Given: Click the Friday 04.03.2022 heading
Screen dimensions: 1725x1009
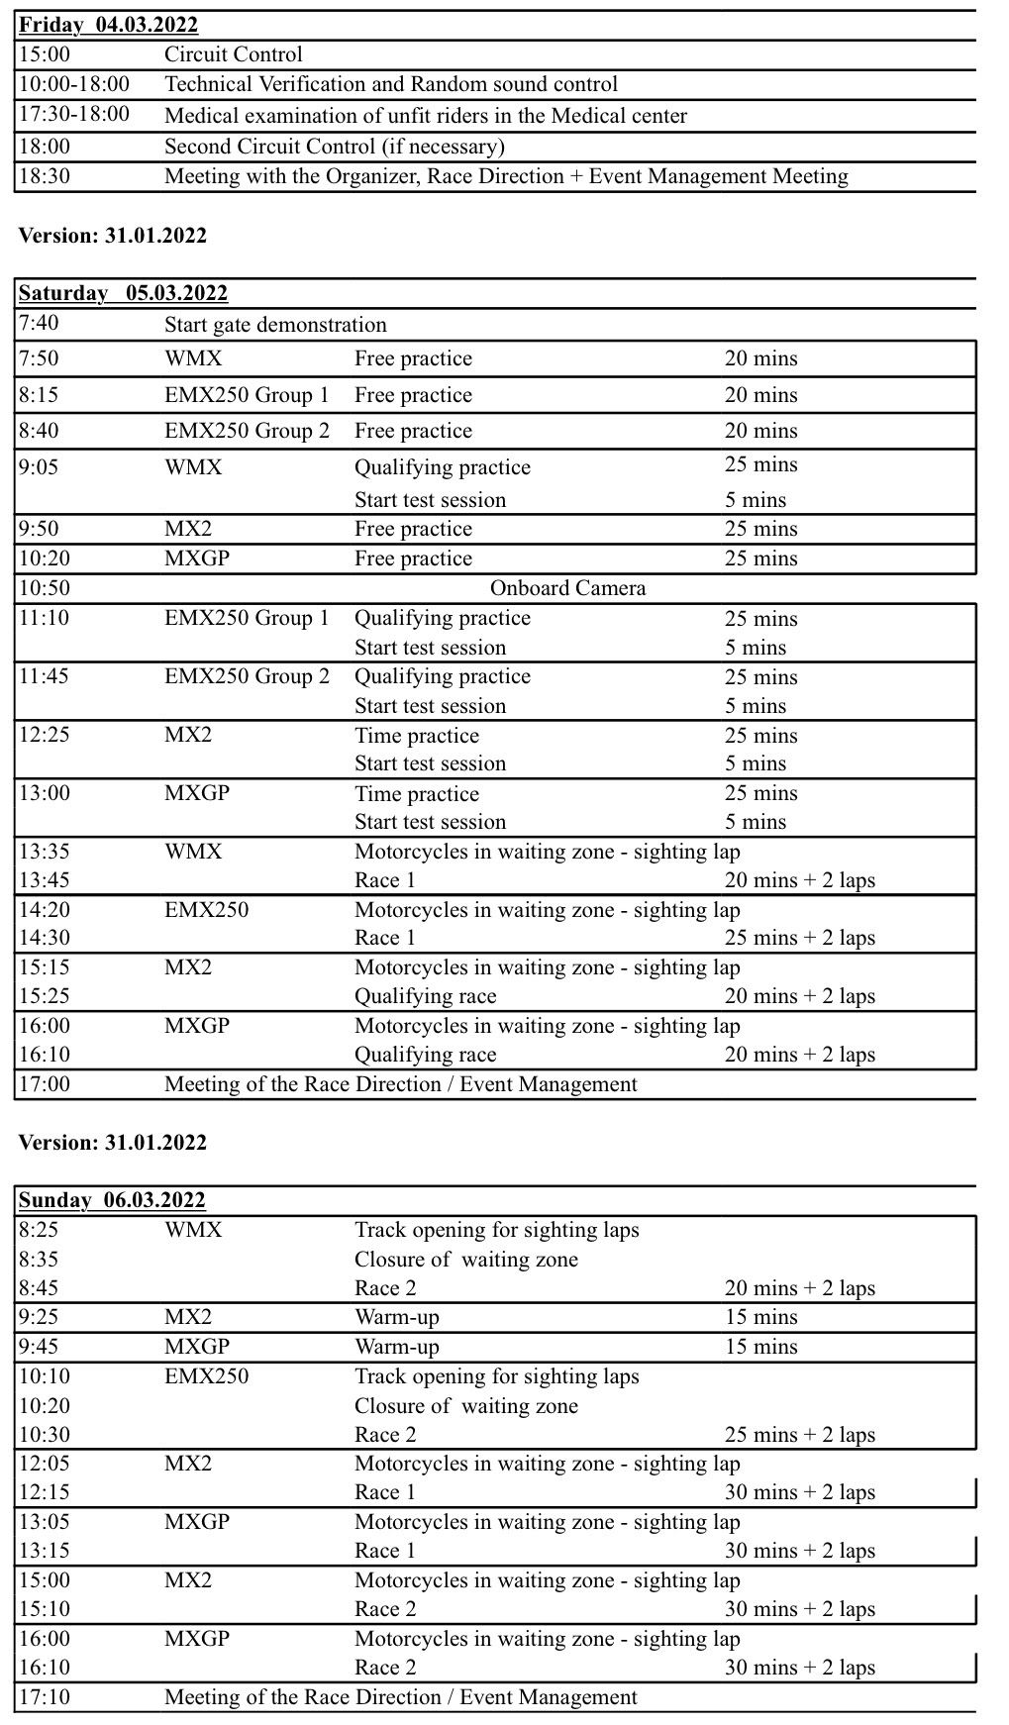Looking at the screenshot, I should click(x=109, y=26).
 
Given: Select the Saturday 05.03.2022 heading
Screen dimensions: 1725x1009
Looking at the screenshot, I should click(x=123, y=293).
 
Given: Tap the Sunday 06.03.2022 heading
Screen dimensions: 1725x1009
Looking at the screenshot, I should click(x=112, y=1200).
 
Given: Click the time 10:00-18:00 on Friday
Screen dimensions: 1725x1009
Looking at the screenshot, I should click(x=74, y=84).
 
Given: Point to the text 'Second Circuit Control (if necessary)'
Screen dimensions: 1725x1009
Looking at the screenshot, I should click(x=335, y=147).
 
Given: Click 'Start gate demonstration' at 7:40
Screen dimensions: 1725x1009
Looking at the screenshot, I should click(x=275, y=325).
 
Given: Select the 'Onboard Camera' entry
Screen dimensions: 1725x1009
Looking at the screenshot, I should click(x=567, y=588).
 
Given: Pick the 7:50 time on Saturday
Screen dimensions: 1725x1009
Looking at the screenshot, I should click(x=39, y=358).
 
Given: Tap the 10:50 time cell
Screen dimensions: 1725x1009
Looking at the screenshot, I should click(x=45, y=588).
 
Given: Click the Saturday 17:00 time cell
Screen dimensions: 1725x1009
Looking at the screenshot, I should click(x=45, y=1084).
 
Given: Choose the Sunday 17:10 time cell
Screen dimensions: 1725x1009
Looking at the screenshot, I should click(x=45, y=1697).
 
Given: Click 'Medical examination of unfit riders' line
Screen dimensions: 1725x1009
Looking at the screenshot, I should click(x=426, y=116).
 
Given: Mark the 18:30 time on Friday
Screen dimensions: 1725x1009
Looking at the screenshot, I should click(x=45, y=176).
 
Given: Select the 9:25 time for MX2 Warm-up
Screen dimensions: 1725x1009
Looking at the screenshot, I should click(x=39, y=1317).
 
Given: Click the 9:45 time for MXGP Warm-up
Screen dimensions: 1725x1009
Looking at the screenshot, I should click(x=39, y=1347).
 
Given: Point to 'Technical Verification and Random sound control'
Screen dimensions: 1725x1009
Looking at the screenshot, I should click(x=391, y=84).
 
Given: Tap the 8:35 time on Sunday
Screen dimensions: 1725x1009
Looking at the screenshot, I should click(x=39, y=1260).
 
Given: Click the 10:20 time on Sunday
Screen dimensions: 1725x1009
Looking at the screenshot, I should click(x=45, y=1406).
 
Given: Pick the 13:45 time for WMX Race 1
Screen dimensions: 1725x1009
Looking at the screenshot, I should click(x=45, y=880).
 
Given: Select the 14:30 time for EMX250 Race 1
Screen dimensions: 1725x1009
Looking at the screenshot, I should click(x=45, y=938).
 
